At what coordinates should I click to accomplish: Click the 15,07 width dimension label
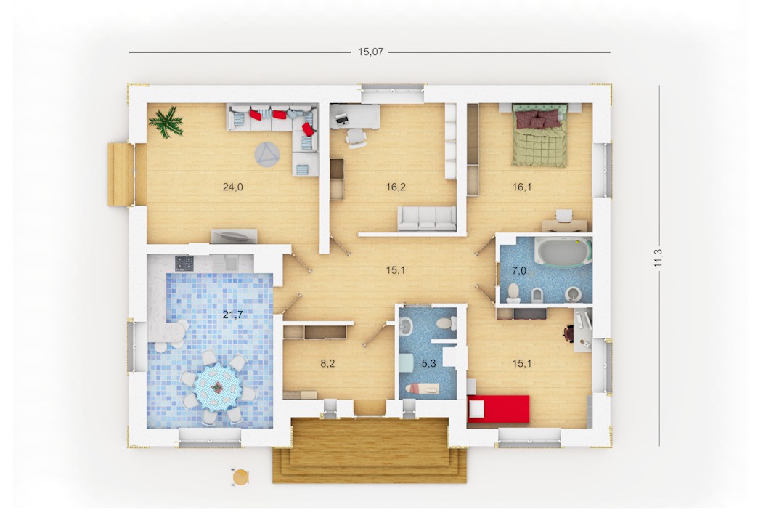point(370,52)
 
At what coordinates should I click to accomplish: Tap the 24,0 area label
point(232,187)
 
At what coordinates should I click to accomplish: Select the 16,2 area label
point(396,187)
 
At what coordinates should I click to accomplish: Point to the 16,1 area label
point(522,187)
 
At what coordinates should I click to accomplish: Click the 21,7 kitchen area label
point(232,315)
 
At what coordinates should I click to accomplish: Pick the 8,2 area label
point(327,363)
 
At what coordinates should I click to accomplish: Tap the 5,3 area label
point(429,363)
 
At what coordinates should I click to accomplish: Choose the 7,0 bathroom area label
point(518,270)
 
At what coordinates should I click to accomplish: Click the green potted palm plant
point(166,122)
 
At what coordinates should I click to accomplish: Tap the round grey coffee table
point(267,154)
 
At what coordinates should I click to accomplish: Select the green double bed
point(539,135)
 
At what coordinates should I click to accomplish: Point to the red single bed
point(498,409)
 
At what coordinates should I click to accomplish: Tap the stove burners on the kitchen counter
point(184,263)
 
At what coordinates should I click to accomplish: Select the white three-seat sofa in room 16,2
point(427,219)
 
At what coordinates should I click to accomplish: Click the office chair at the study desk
point(356,137)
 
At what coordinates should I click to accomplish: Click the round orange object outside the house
point(240,477)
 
